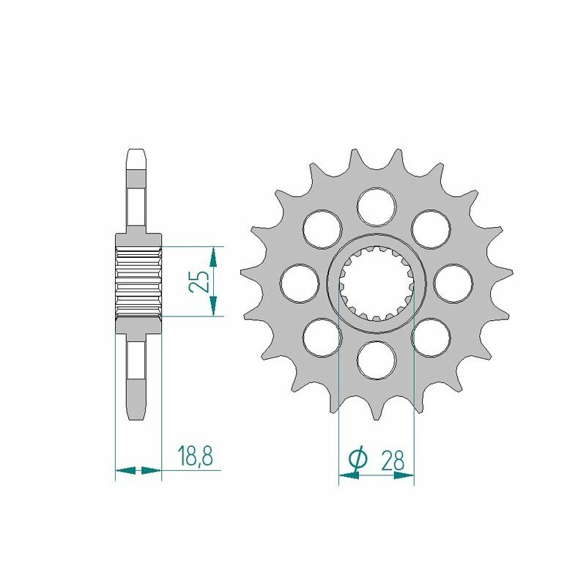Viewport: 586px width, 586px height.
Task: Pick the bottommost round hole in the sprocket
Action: pyautogui.click(x=376, y=359)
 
